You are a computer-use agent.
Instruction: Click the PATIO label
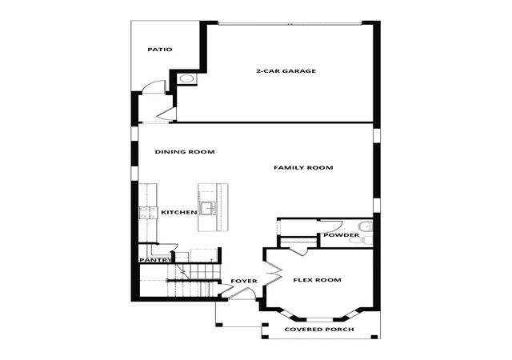tap(160, 50)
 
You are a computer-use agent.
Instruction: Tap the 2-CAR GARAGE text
tap(286, 71)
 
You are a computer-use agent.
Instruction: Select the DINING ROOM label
tap(185, 152)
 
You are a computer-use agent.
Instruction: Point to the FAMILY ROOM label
tap(303, 167)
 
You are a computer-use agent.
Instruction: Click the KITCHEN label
tap(179, 212)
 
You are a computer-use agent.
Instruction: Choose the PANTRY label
tap(155, 260)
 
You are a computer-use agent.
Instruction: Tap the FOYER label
tap(244, 281)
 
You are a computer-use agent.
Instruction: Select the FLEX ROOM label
tap(317, 280)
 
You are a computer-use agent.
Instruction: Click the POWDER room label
tap(342, 235)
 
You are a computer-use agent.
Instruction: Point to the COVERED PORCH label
tap(319, 330)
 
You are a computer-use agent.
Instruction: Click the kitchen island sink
tap(208, 208)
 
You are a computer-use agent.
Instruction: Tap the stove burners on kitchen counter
tap(147, 212)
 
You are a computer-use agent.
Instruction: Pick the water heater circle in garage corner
tap(186, 79)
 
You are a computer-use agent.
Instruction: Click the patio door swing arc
tap(154, 86)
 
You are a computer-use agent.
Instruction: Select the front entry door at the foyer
tap(242, 293)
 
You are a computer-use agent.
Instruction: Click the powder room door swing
tap(330, 226)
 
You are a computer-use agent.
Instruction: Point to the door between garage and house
tap(167, 114)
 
